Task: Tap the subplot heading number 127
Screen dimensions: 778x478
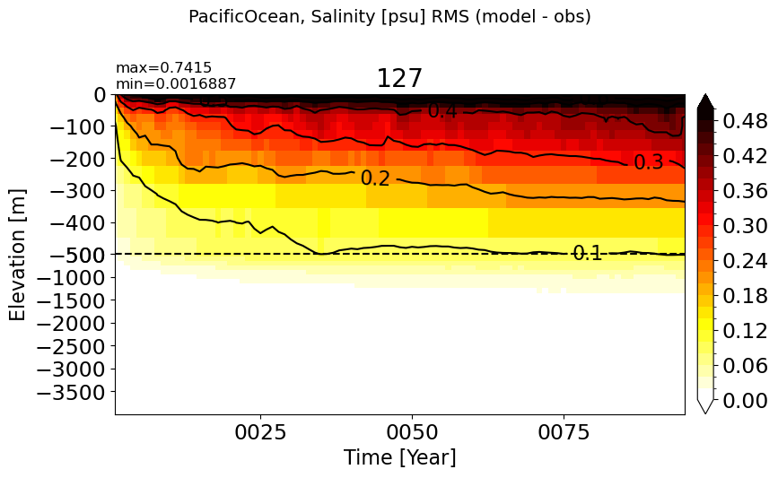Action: click(x=399, y=78)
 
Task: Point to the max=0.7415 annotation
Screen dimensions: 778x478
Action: click(x=163, y=67)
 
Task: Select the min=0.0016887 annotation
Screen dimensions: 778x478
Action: click(x=176, y=83)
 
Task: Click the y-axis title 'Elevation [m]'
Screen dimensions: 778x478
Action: click(x=17, y=255)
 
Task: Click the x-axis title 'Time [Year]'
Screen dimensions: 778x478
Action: click(x=400, y=456)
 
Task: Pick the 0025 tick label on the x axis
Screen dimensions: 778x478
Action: click(x=260, y=432)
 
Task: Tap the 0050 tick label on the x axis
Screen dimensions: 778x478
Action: click(x=412, y=432)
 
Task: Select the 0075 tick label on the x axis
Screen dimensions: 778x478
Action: click(x=564, y=432)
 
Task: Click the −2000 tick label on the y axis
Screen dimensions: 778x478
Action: click(x=72, y=323)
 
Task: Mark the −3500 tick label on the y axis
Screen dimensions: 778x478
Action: click(x=72, y=392)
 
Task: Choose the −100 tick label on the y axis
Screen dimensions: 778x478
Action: click(x=78, y=127)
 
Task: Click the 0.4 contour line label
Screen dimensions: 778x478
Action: click(x=442, y=111)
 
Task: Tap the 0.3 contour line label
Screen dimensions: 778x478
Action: click(x=649, y=162)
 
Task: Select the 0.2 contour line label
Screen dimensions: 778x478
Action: click(x=376, y=178)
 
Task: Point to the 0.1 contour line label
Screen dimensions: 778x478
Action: click(x=588, y=253)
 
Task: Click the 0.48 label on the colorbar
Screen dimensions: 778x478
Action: click(x=745, y=121)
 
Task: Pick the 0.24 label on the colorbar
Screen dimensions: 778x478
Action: click(x=745, y=261)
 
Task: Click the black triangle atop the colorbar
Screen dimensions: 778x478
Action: click(x=705, y=102)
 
